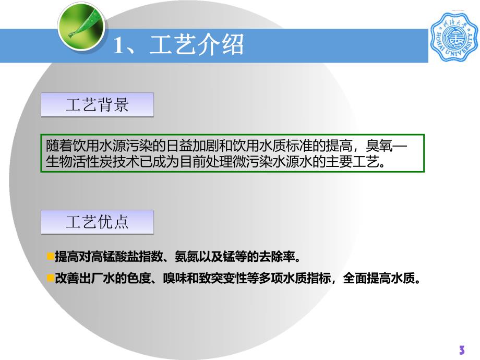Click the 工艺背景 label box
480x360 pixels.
pyautogui.click(x=98, y=105)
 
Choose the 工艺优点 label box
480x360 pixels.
pyautogui.click(x=98, y=222)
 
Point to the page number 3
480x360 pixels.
pyautogui.click(x=461, y=350)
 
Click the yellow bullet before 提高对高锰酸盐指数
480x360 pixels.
pyautogui.click(x=50, y=256)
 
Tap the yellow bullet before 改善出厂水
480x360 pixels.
pyautogui.click(x=50, y=278)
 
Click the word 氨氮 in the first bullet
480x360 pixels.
pyautogui.click(x=189, y=257)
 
